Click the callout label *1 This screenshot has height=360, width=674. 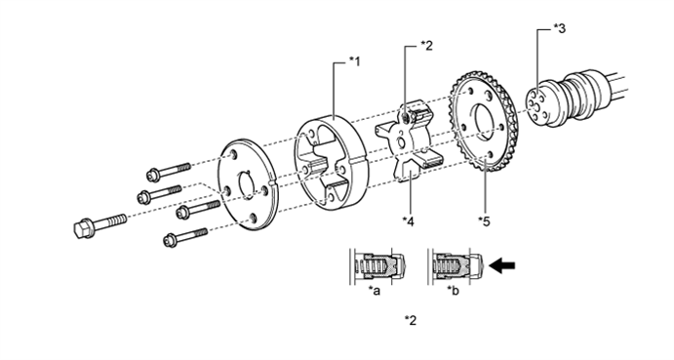pyautogui.click(x=355, y=61)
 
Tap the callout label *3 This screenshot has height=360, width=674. pyautogui.click(x=559, y=29)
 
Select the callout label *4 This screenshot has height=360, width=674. pyautogui.click(x=408, y=221)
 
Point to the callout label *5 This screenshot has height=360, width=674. pyautogui.click(x=484, y=221)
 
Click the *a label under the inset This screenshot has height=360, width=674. pyautogui.click(x=374, y=291)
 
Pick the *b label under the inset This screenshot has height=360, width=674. pyautogui.click(x=453, y=291)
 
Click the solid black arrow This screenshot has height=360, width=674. pyautogui.click(x=502, y=265)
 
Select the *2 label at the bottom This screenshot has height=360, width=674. pyautogui.click(x=411, y=320)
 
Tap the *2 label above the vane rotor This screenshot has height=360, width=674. pyautogui.click(x=427, y=45)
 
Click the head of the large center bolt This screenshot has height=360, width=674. pyautogui.click(x=83, y=228)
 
